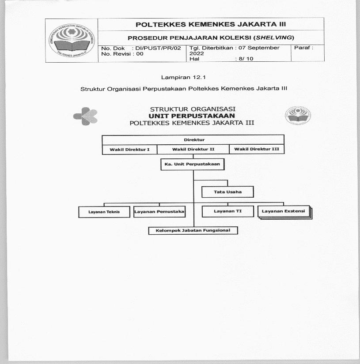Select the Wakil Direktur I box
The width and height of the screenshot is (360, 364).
[x=129, y=150]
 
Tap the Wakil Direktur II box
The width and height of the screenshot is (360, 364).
[x=193, y=150]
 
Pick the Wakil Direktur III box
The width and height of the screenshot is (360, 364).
[x=257, y=150]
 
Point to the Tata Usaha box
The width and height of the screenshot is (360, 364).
[x=228, y=192]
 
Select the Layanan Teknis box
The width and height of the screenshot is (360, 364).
[x=104, y=212]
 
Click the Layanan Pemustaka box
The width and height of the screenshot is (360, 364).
[x=159, y=212]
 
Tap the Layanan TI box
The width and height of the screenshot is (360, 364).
[x=228, y=211]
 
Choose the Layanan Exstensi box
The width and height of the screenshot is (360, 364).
[x=284, y=211]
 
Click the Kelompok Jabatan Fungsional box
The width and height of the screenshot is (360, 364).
[x=193, y=230]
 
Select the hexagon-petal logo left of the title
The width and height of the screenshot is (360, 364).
[x=86, y=116]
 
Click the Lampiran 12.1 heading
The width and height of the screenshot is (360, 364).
[x=184, y=77]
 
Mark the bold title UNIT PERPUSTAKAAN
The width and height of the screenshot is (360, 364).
[x=192, y=116]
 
